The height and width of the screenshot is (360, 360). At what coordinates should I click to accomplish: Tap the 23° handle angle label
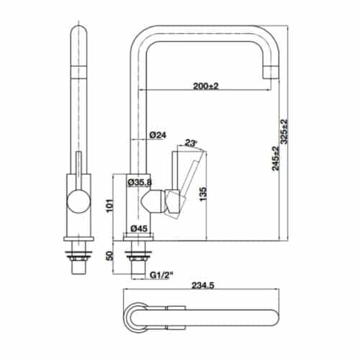click(x=191, y=143)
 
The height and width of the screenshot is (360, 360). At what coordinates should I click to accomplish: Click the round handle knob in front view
click(x=77, y=202)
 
